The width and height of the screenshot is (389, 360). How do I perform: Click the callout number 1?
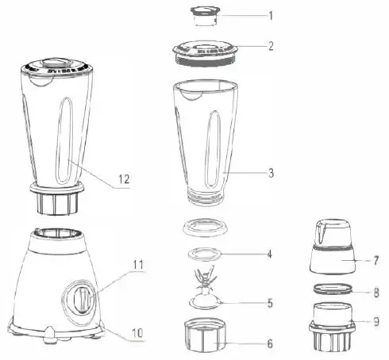(270, 15)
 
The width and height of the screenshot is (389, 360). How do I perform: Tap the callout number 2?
(270, 45)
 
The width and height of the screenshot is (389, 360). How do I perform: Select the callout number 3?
(271, 171)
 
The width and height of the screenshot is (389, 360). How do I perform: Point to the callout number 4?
(270, 255)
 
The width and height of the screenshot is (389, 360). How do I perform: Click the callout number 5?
(270, 302)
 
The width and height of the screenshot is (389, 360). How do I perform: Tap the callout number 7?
(376, 259)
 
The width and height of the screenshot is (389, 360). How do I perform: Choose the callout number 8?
(376, 292)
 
